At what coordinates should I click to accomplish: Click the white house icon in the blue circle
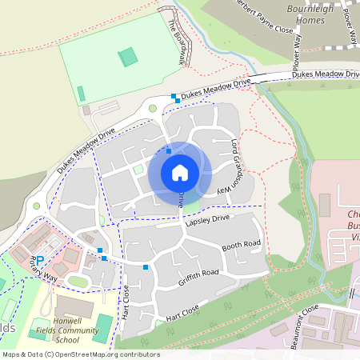click(179, 173)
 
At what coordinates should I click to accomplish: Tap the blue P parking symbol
click(39, 261)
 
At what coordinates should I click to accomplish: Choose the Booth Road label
click(242, 245)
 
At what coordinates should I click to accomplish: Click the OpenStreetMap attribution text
click(80, 354)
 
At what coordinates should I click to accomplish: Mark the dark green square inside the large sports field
click(127, 57)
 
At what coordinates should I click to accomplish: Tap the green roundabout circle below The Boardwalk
click(152, 108)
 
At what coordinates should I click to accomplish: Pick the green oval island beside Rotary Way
click(78, 281)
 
